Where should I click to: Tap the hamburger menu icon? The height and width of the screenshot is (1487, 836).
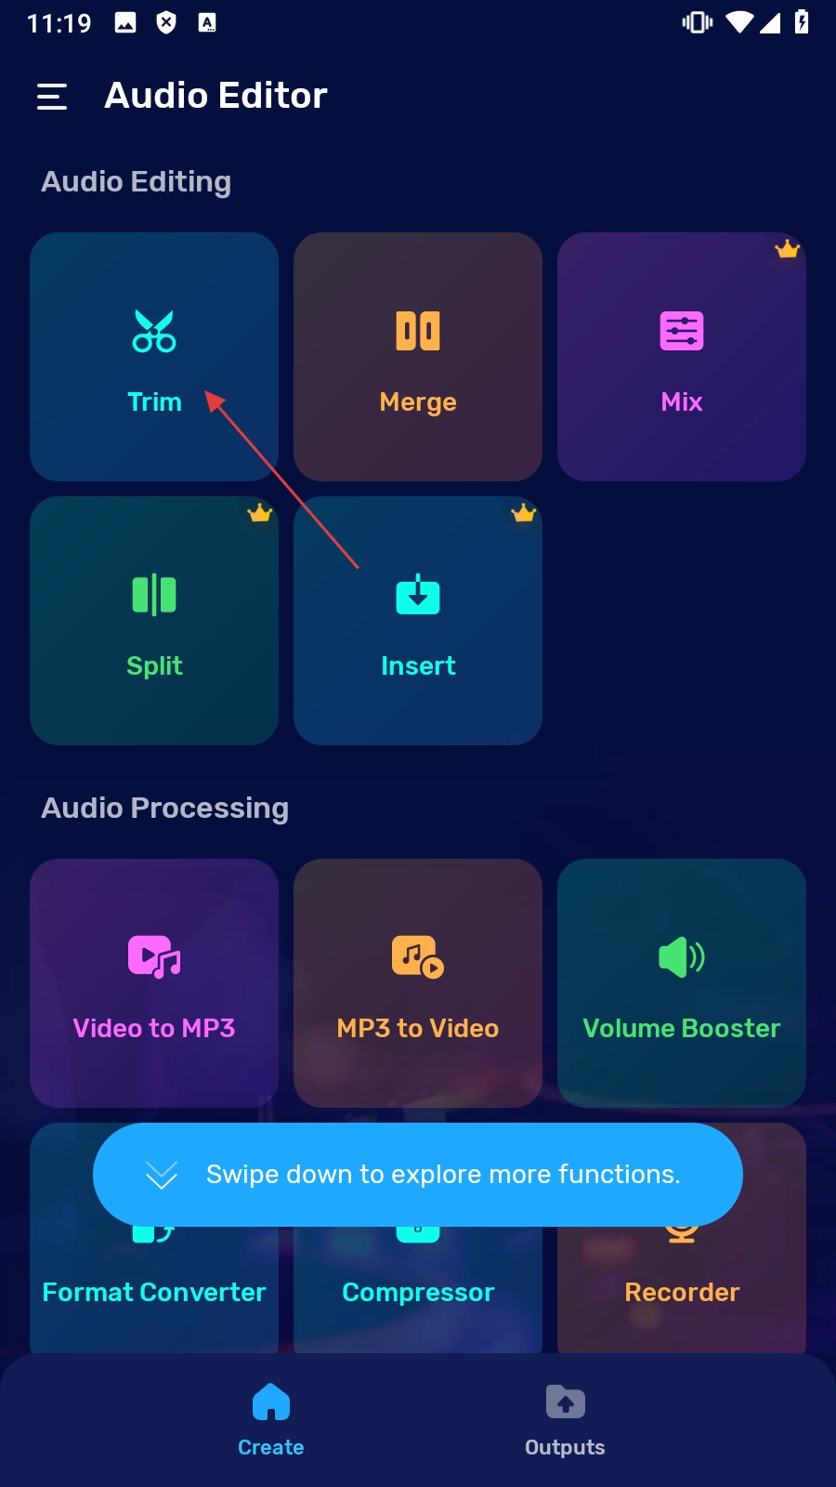click(52, 97)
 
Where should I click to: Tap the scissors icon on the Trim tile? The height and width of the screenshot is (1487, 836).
click(154, 331)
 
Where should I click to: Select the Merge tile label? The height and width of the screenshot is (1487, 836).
click(418, 402)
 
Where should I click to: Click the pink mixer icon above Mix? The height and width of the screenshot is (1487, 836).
click(682, 331)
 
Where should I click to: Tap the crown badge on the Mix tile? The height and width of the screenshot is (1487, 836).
click(788, 249)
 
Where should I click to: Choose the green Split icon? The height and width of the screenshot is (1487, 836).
click(154, 595)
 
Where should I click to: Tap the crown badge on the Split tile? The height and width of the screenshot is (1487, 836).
click(260, 513)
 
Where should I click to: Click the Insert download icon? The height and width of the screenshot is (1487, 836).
click(418, 595)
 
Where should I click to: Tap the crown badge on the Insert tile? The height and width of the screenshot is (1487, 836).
click(524, 513)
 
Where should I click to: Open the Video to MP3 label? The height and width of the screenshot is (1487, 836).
click(154, 1029)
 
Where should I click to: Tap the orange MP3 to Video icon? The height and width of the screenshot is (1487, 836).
click(418, 956)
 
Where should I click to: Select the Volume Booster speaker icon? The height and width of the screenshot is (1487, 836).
click(682, 956)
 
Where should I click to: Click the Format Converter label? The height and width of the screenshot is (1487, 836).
click(154, 1293)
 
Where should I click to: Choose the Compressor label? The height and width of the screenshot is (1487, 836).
click(418, 1293)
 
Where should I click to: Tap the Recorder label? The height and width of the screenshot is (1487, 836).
click(682, 1293)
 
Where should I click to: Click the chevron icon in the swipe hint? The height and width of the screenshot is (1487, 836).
click(162, 1176)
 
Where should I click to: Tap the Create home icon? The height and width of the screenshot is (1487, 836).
click(271, 1402)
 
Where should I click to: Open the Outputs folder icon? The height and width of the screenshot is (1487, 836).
click(565, 1402)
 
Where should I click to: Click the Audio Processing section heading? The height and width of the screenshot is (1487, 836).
click(165, 809)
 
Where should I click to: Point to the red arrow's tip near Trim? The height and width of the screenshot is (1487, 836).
click(207, 392)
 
